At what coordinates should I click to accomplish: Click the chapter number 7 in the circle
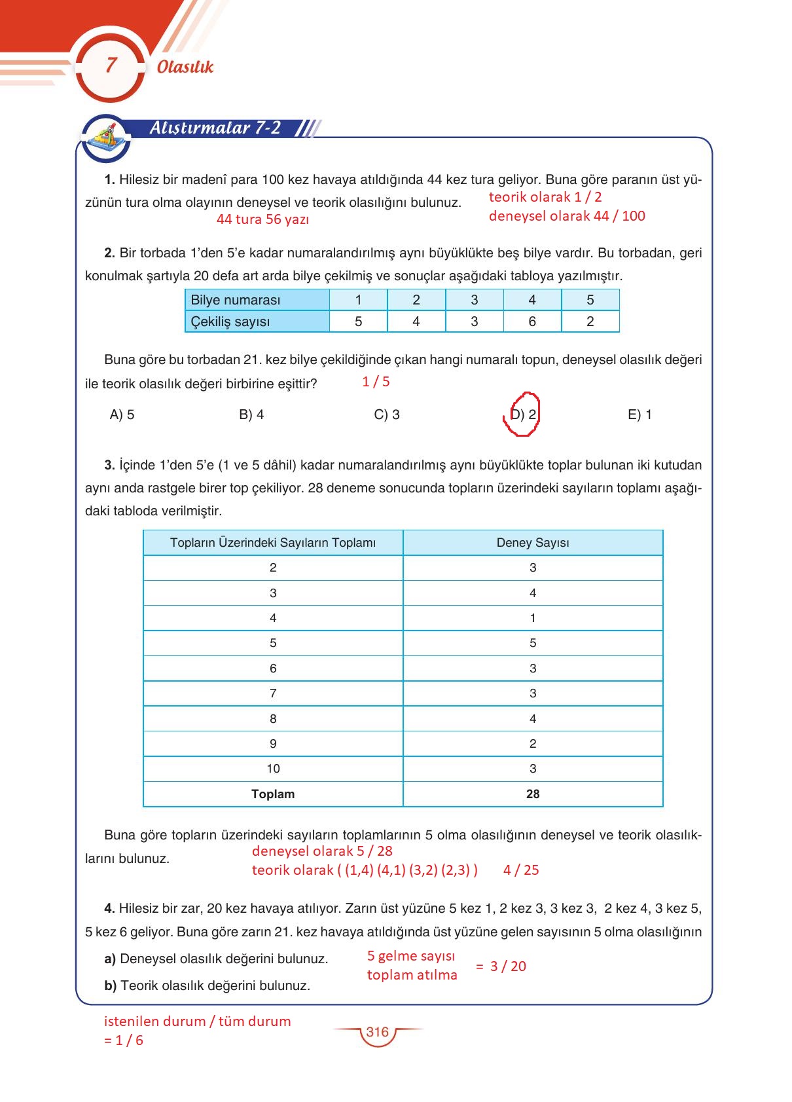111,65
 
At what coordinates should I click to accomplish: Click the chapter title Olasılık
185,67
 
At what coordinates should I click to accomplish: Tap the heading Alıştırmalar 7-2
215,128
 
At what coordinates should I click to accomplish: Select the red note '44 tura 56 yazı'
262,219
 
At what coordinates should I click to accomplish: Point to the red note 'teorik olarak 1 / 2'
545,197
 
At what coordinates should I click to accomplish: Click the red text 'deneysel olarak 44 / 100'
567,216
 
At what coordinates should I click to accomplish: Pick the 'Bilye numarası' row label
236,300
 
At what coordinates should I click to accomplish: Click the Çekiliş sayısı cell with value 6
532,321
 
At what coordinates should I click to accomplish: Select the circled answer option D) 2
523,414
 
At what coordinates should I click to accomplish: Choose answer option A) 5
122,414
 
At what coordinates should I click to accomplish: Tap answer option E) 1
639,414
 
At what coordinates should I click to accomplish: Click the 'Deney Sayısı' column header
533,543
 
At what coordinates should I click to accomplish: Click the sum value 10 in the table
273,769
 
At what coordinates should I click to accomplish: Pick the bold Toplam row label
273,794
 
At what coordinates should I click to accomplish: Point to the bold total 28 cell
533,794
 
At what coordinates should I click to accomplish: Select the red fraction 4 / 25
521,870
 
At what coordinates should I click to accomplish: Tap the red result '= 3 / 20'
501,966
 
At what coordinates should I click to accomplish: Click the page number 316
378,1032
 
